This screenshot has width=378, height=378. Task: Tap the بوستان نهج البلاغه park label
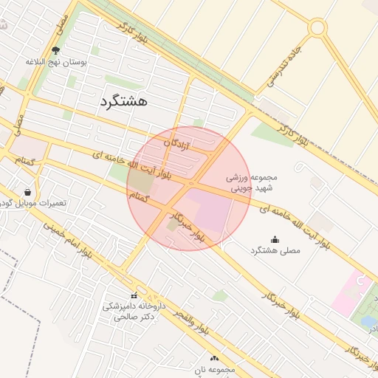click(57, 63)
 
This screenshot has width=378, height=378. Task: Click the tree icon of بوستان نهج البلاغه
click(56, 51)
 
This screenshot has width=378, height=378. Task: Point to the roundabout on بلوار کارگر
click(317, 28)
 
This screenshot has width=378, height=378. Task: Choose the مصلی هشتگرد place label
click(275, 250)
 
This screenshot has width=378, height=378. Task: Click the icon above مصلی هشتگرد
click(275, 239)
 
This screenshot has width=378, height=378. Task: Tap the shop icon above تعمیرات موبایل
click(28, 192)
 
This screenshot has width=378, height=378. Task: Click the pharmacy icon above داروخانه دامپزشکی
click(134, 295)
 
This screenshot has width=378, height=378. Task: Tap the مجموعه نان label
click(215, 368)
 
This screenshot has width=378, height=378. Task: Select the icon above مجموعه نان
click(215, 358)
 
